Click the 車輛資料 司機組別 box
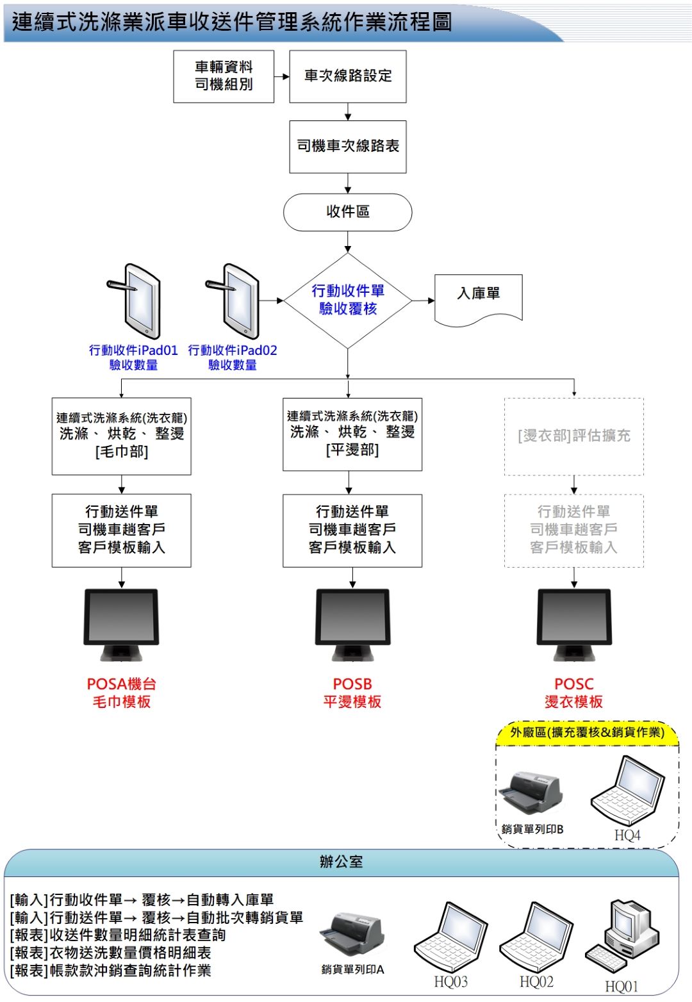[x=224, y=76]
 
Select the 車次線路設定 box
[x=348, y=76]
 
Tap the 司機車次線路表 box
[x=348, y=147]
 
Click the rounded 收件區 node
[x=347, y=212]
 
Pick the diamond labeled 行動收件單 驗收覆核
[x=348, y=300]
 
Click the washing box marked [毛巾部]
[x=122, y=436]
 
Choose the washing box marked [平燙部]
[x=352, y=434]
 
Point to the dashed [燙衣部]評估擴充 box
[x=574, y=436]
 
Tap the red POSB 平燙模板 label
[x=352, y=693]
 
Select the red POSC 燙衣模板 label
[x=574, y=693]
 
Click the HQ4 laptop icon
[x=628, y=792]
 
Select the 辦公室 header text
[x=341, y=862]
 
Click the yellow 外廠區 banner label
[x=587, y=732]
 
